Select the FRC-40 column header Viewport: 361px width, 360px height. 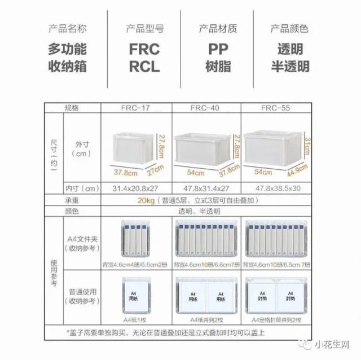[x=205, y=107]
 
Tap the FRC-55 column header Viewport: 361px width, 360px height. [x=275, y=107]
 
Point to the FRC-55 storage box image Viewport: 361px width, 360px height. [x=271, y=148]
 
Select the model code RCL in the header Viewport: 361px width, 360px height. [x=144, y=67]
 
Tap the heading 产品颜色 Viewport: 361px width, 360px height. [x=289, y=28]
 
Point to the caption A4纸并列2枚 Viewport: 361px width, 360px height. [x=205, y=319]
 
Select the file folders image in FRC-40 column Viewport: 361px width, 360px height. [x=205, y=240]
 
